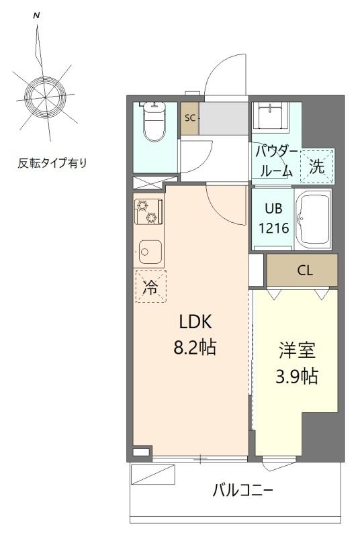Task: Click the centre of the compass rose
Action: pos(44,97)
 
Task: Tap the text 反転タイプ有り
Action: pos(52,162)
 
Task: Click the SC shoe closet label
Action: pos(190,118)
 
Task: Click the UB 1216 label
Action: pos(274,218)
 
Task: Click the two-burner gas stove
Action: pos(148,211)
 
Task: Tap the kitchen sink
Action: pos(149,252)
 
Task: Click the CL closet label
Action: pos(305,271)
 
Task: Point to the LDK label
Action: pos(195,323)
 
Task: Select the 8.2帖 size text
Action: pos(195,348)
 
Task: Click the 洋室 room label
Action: pos(298,351)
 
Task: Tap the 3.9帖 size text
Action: pos(298,377)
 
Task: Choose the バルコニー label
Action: pos(242,489)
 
